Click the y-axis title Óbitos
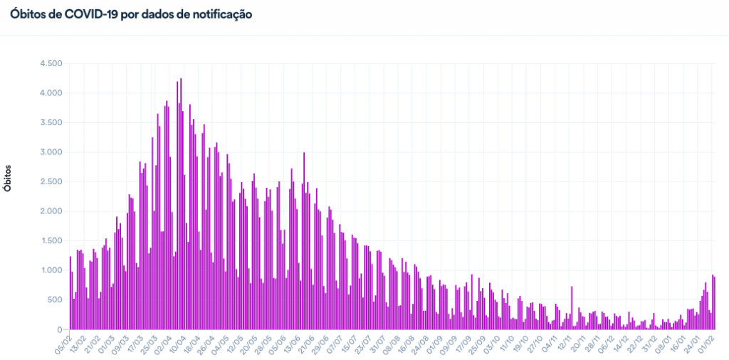[8, 178]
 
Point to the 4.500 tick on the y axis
[51, 63]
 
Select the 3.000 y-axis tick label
[51, 152]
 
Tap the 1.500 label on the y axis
[51, 241]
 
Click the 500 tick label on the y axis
[56, 300]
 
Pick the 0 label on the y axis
[60, 330]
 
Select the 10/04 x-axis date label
[174, 344]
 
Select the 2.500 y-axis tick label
[51, 182]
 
